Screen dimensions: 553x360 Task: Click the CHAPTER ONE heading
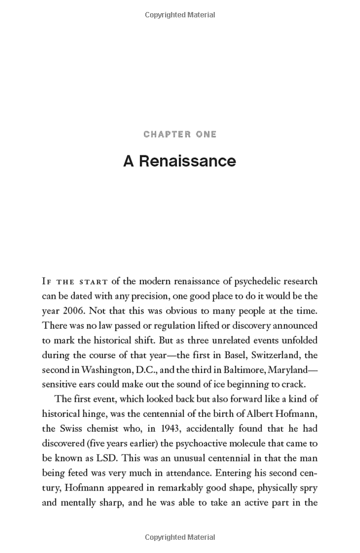pos(180,134)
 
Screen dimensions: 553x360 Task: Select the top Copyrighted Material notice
pos(180,14)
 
